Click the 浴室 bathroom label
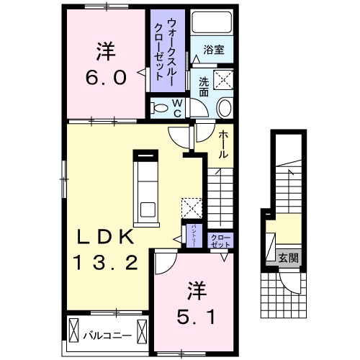[213, 50]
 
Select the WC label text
[176, 107]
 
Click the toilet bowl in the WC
[161, 107]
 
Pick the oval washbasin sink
[224, 108]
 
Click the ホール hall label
[223, 145]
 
